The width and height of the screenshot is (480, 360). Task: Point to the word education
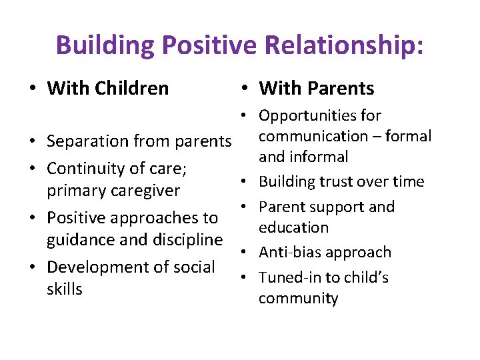(x=293, y=227)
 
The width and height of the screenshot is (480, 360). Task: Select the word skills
(x=65, y=289)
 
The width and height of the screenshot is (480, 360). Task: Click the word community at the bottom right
(x=298, y=298)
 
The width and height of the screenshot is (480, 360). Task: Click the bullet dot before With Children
(x=32, y=89)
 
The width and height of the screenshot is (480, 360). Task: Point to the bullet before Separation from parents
(x=32, y=142)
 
